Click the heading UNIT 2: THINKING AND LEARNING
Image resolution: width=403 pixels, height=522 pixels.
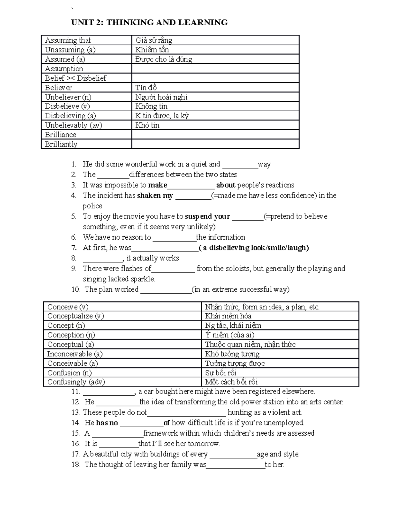(149, 23)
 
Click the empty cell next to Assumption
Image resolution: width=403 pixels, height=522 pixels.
(215, 69)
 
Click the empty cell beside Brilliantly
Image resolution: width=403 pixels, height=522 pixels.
(215, 144)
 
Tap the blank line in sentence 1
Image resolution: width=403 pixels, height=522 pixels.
(240, 165)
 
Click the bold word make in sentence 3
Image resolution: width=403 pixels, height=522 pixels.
(158, 185)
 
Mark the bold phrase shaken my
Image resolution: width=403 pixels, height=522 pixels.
(155, 196)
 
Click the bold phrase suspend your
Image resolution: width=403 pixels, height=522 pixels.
(208, 216)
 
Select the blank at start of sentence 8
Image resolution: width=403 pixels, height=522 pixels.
(103, 258)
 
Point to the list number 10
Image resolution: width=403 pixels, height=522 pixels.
(76, 289)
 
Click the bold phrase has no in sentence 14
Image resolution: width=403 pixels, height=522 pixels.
(107, 423)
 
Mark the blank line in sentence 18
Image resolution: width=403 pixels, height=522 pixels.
(235, 465)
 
